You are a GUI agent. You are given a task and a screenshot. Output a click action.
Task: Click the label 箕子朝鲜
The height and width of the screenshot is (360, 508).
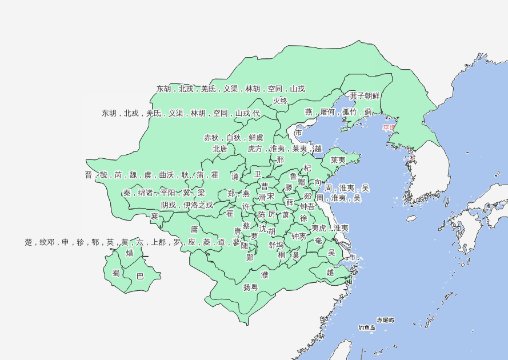[x=365, y=95]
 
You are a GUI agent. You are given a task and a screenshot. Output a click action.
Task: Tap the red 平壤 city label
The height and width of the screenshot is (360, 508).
[x=389, y=128]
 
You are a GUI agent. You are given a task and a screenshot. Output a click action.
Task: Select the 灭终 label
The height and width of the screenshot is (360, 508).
[x=280, y=101]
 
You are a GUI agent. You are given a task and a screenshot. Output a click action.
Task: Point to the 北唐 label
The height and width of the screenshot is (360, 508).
[x=220, y=149]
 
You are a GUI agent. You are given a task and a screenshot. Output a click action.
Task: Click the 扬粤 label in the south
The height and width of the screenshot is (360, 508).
[x=250, y=287]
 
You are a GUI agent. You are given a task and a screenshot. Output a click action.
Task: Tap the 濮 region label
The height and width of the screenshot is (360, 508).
[x=265, y=275]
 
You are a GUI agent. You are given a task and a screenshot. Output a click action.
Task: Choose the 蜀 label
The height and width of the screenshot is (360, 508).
[x=116, y=273]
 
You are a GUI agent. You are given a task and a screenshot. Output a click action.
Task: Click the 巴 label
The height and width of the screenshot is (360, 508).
[x=140, y=277]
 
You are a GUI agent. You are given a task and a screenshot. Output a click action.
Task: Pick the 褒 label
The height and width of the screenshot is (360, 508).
[x=154, y=216]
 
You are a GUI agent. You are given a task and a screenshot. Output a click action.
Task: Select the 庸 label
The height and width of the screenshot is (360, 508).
[x=194, y=229]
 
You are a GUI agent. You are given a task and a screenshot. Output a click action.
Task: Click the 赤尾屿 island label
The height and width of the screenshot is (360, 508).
[x=385, y=320]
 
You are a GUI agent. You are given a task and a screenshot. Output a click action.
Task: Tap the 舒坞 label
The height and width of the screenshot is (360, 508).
[x=276, y=245]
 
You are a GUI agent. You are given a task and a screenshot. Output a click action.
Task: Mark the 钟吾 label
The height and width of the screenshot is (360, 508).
[x=307, y=206]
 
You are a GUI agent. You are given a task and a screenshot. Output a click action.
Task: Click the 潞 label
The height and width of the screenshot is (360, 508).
[x=235, y=177]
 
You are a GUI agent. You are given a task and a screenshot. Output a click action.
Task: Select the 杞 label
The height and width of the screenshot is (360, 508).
[x=307, y=168]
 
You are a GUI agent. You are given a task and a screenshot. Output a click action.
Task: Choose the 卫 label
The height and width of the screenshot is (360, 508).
[x=258, y=174]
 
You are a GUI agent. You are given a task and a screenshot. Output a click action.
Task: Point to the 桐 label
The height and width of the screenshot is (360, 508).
[x=281, y=255]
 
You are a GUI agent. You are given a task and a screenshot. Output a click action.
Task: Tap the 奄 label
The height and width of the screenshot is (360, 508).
[x=318, y=241]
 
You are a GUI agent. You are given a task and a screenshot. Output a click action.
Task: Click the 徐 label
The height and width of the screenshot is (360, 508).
[x=303, y=218]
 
